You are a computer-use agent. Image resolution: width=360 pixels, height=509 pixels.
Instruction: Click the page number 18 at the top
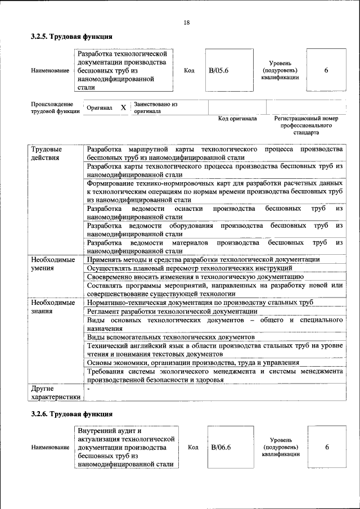point(186,22)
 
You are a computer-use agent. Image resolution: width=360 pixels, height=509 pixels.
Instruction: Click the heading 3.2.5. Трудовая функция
point(71,37)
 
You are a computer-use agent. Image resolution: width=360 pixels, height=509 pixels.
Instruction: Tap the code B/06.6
point(221,447)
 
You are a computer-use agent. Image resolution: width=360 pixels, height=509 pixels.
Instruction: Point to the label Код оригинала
point(237,119)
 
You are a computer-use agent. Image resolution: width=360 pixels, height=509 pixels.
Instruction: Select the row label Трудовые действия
point(46,153)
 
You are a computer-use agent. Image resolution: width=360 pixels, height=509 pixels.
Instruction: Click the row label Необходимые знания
point(53,307)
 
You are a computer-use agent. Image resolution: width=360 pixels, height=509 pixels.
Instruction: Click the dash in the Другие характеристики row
point(89,388)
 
